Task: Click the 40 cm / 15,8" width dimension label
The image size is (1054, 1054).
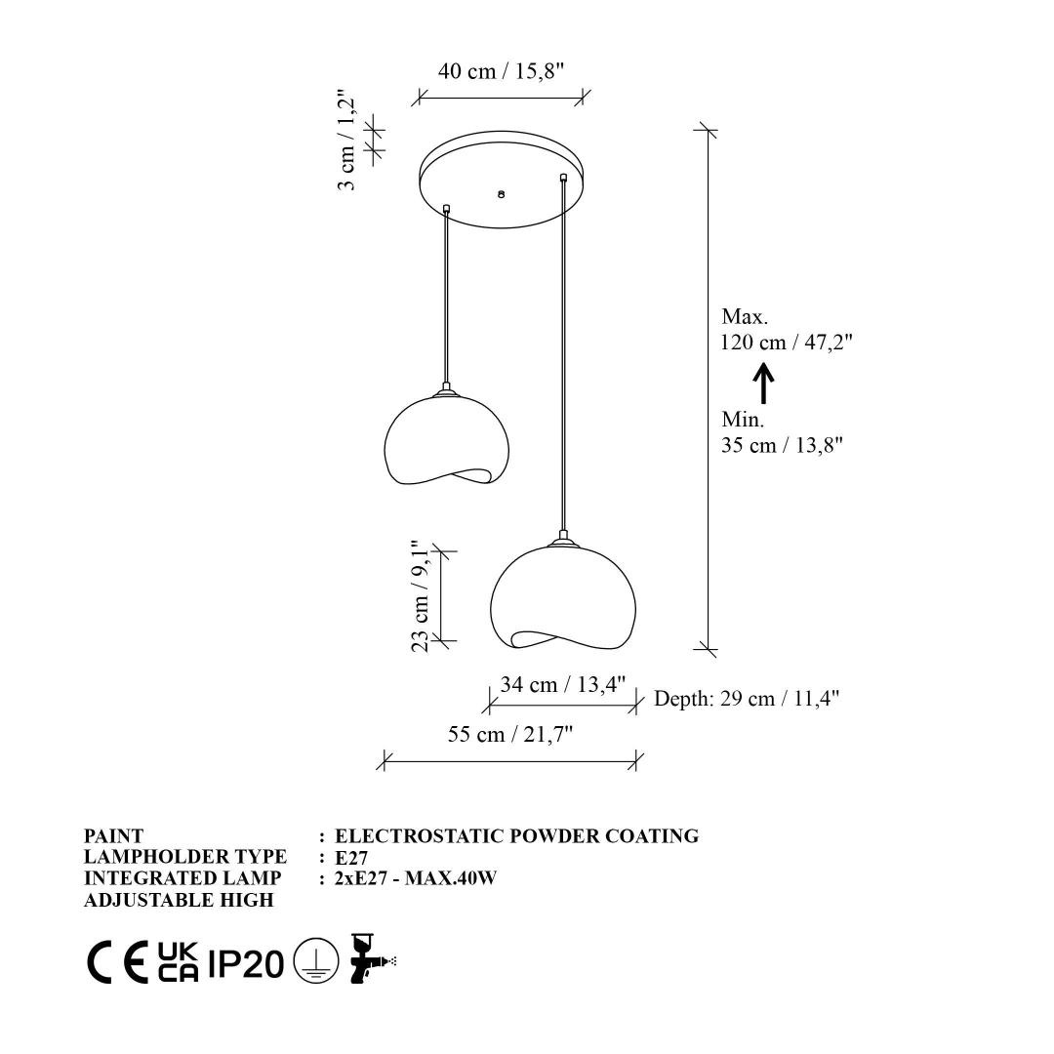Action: point(501,71)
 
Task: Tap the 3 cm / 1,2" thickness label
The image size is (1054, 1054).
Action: point(345,140)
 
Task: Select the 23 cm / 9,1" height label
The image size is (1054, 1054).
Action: point(420,596)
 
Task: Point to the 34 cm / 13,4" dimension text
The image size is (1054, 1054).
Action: point(563,684)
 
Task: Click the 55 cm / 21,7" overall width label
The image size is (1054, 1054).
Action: point(510,734)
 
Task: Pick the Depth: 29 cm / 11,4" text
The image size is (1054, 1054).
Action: point(747,699)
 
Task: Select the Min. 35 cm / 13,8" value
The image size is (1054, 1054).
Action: point(782,432)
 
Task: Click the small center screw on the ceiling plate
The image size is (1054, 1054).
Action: point(501,194)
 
